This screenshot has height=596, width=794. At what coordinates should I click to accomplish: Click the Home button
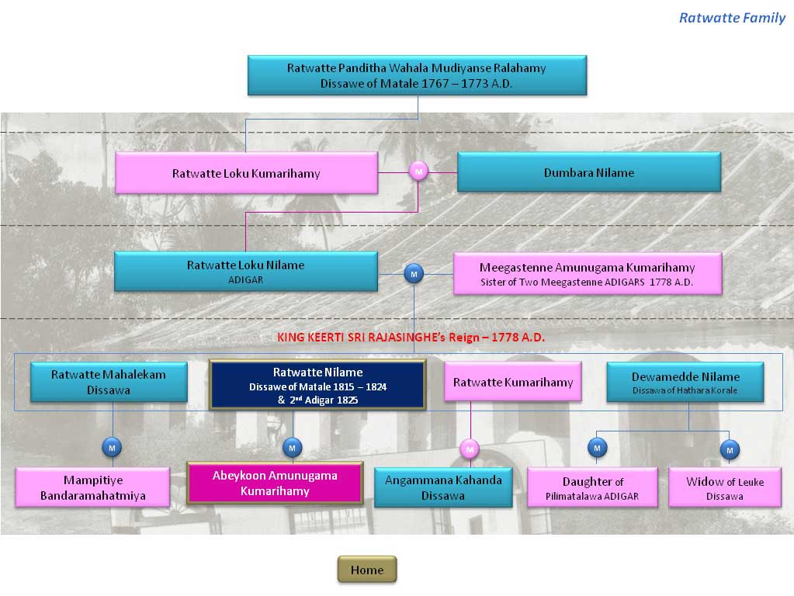click(366, 570)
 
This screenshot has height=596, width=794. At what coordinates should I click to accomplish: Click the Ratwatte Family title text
click(732, 18)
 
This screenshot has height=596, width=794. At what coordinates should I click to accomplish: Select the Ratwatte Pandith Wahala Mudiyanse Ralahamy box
click(417, 75)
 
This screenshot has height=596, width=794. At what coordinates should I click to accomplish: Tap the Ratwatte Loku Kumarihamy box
click(246, 173)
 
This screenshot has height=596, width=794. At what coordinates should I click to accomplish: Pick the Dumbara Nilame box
click(588, 172)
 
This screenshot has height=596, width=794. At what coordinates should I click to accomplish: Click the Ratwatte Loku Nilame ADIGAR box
click(246, 271)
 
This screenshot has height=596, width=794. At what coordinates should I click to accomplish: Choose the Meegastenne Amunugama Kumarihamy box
click(587, 273)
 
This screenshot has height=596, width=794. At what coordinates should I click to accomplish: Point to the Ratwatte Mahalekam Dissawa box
click(109, 382)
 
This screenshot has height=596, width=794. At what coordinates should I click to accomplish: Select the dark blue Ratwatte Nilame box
click(317, 383)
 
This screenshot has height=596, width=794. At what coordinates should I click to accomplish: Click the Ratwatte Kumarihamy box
click(513, 382)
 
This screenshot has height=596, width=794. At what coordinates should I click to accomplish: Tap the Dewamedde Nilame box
click(685, 382)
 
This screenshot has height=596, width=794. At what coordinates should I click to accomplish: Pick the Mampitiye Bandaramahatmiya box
click(93, 487)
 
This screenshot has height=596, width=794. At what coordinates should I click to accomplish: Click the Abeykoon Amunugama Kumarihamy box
click(275, 483)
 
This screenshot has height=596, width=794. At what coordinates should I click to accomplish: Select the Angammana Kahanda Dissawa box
click(443, 487)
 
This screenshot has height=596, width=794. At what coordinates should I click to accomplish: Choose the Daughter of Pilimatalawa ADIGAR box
click(592, 488)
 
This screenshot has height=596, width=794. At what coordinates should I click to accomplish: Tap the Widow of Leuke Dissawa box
click(724, 488)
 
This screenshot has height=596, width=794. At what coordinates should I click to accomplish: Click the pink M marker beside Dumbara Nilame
click(418, 172)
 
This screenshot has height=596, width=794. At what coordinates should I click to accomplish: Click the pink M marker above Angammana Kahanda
click(470, 448)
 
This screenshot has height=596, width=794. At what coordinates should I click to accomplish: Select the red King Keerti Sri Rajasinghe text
click(411, 338)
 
